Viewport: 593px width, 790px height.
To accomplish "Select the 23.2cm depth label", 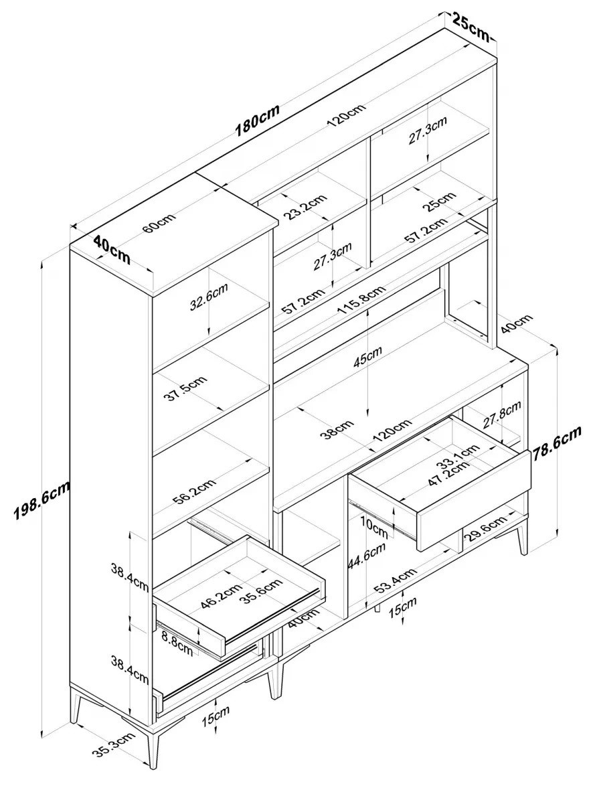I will pyautogui.click(x=305, y=208).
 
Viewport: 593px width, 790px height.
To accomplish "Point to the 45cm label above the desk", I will pyautogui.click(x=368, y=358).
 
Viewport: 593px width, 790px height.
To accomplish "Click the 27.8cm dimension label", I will pyautogui.click(x=501, y=414).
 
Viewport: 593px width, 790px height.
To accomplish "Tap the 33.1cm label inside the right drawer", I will pyautogui.click(x=458, y=455).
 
